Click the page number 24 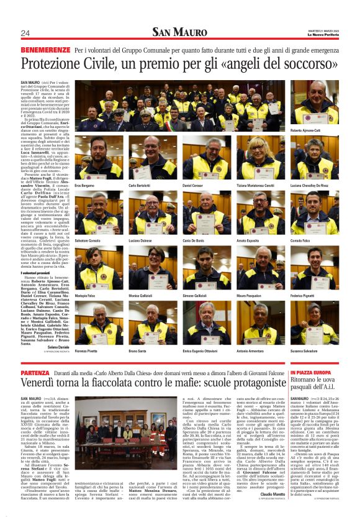coord(25,33)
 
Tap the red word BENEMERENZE coord(45,49)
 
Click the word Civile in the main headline coord(91,63)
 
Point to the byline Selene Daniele coord(58,347)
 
